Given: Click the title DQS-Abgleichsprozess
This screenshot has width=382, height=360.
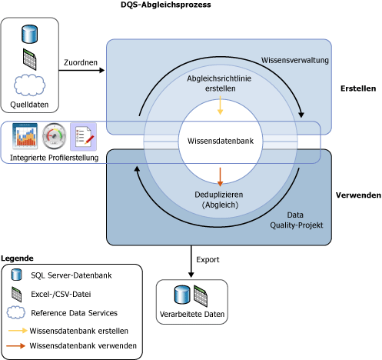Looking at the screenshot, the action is [166, 5].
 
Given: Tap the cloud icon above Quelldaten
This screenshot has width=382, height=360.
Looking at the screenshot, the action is [29, 85].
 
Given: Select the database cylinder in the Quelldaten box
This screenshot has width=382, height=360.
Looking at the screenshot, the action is [30, 34].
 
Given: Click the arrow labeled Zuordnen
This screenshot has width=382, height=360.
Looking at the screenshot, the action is [81, 70].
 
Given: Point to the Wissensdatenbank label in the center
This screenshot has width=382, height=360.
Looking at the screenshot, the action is [221, 141].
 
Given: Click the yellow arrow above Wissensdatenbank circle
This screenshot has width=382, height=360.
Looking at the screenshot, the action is [220, 105].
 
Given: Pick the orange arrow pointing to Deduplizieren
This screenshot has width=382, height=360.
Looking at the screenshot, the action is [220, 177].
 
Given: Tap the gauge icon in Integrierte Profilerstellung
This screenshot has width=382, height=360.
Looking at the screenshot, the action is [54, 136].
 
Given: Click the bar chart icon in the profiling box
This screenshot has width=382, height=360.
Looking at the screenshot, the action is [25, 136].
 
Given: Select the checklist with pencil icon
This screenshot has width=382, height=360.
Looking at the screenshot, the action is [84, 136].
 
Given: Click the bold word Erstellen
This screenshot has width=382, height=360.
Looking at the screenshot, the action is [358, 88].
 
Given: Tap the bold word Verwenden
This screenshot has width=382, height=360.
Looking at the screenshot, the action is [358, 195].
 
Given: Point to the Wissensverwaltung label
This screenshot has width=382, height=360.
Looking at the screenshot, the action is [295, 60].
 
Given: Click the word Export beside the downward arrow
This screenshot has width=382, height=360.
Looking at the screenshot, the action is [208, 260].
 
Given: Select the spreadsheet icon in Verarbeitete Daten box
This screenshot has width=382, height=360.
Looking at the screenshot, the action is [201, 296].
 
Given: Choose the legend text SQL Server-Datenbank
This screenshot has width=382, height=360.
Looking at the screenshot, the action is [71, 275].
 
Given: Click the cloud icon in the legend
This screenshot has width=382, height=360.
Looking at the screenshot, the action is [16, 312].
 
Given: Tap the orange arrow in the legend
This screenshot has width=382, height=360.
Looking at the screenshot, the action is [16, 346].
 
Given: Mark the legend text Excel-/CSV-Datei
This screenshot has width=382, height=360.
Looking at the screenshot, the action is [61, 294].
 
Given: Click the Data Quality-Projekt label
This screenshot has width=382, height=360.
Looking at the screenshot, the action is [297, 220].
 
